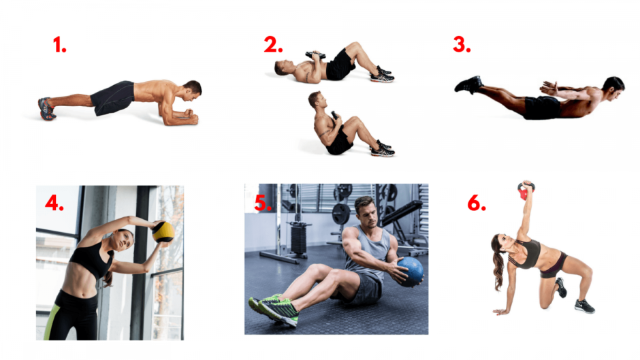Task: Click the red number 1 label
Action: click(x=60, y=44)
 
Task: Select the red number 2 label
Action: click(x=273, y=44)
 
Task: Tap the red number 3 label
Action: click(x=462, y=44)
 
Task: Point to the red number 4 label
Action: click(x=54, y=202)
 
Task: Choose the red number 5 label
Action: click(x=262, y=203)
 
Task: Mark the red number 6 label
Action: click(x=477, y=203)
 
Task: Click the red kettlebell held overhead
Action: click(x=526, y=191)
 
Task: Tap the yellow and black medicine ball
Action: click(x=163, y=232)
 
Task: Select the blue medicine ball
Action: click(x=410, y=272)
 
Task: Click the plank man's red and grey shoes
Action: click(x=46, y=109)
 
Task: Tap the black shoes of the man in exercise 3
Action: click(x=468, y=85)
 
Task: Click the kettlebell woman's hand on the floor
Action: click(x=500, y=312)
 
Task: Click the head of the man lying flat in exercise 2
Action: click(x=283, y=68)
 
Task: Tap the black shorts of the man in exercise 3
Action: click(x=542, y=108)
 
